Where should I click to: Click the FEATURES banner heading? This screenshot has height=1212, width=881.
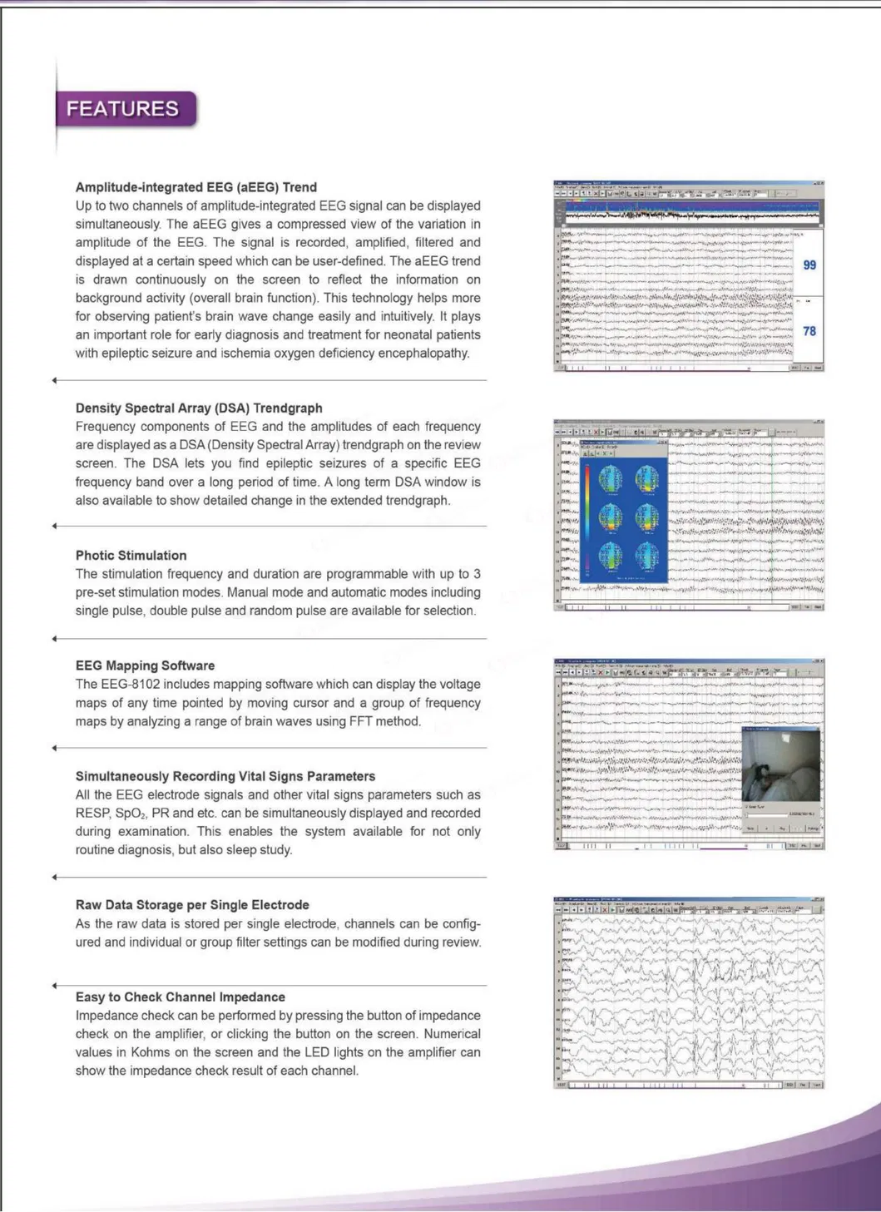(122, 109)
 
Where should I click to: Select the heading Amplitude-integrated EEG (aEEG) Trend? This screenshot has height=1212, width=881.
(196, 187)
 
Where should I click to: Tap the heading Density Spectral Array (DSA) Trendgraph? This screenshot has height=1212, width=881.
(199, 408)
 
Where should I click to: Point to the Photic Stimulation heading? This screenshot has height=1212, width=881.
(131, 556)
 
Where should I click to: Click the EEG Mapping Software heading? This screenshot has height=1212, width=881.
(146, 666)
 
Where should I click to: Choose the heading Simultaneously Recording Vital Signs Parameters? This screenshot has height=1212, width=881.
(225, 777)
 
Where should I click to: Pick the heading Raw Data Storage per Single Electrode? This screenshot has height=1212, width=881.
(192, 905)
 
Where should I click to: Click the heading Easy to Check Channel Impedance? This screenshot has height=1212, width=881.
(181, 997)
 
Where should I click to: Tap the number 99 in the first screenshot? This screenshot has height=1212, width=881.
(809, 265)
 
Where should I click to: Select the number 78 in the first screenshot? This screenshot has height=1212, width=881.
(809, 331)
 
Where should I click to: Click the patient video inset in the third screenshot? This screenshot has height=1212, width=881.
(780, 765)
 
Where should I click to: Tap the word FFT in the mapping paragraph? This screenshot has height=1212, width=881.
(361, 721)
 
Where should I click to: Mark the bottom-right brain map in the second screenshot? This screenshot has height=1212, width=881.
(647, 555)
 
